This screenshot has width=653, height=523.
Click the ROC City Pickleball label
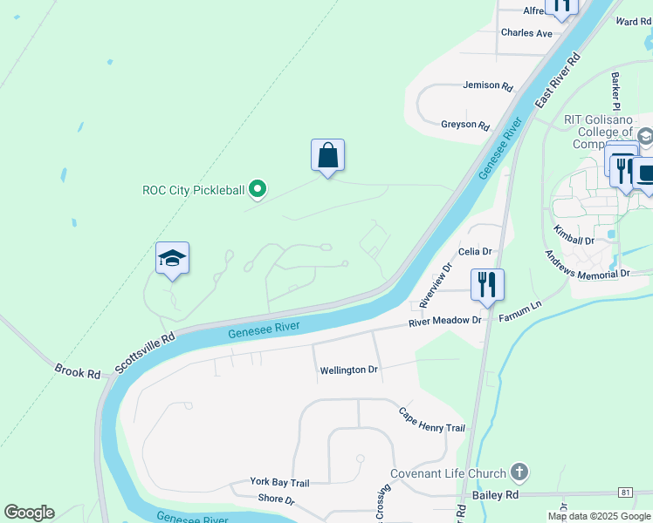point(193,189)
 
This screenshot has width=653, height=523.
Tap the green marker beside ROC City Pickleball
point(258,188)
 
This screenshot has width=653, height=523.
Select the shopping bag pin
point(327,156)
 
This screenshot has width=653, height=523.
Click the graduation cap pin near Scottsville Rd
point(173,259)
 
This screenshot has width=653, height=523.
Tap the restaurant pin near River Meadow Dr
point(487,284)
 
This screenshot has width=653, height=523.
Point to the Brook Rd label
point(77,372)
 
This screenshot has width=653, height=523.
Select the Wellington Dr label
point(348,370)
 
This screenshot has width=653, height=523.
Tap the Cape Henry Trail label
point(432,420)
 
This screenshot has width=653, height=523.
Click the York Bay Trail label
point(279,482)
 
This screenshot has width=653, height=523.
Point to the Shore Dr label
point(276,499)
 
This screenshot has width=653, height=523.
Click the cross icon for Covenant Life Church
point(519,473)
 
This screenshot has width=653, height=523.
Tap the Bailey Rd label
point(494,494)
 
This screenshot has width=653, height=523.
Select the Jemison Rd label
point(487,85)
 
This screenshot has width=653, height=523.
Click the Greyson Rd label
point(465,125)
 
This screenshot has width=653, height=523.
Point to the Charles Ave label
point(526,33)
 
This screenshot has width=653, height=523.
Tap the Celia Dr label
point(476,251)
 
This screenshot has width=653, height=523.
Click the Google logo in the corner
point(29,513)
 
